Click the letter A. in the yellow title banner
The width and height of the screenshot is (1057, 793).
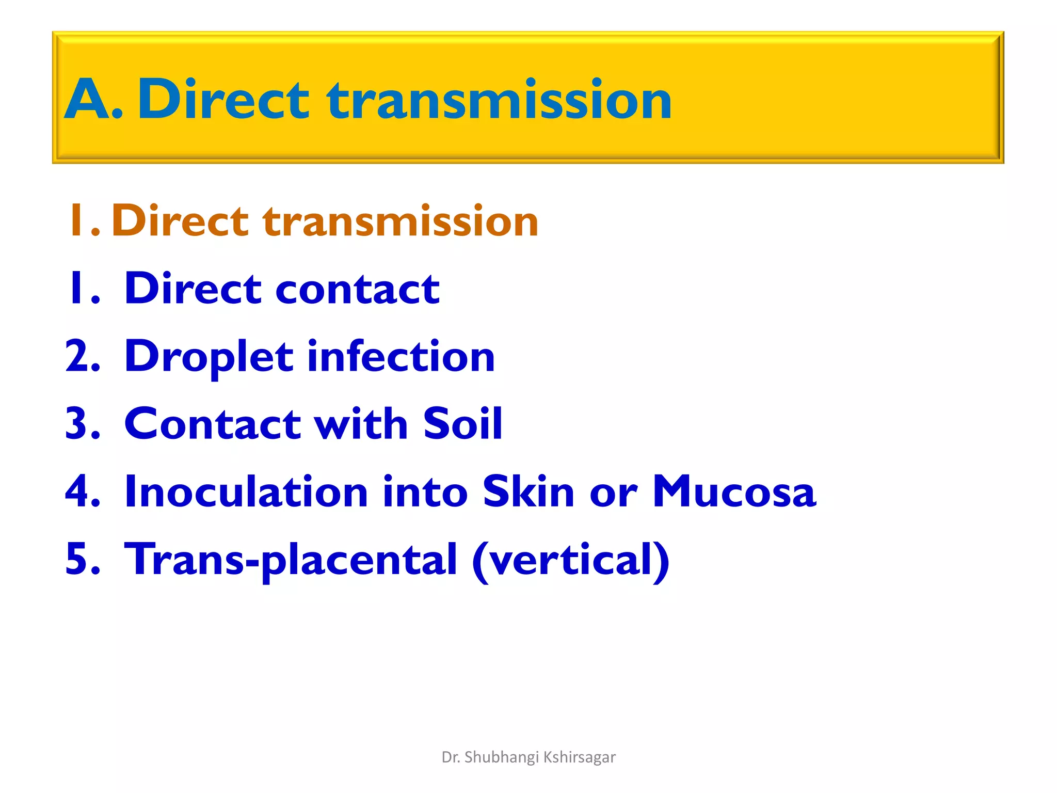93,99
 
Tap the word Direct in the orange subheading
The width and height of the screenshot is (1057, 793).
180,221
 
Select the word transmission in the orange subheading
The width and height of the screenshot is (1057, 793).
400,221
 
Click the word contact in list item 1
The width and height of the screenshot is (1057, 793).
357,289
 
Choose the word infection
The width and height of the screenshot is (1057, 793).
401,356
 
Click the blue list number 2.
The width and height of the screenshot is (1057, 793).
82,356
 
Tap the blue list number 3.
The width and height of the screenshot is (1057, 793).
82,424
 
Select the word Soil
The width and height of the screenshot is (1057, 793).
462,424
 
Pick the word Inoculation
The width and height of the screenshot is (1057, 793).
246,491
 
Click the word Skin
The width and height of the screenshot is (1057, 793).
528,491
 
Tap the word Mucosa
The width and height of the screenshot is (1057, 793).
734,491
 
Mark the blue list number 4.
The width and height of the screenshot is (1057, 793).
82,491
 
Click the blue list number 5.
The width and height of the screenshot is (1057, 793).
82,559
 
